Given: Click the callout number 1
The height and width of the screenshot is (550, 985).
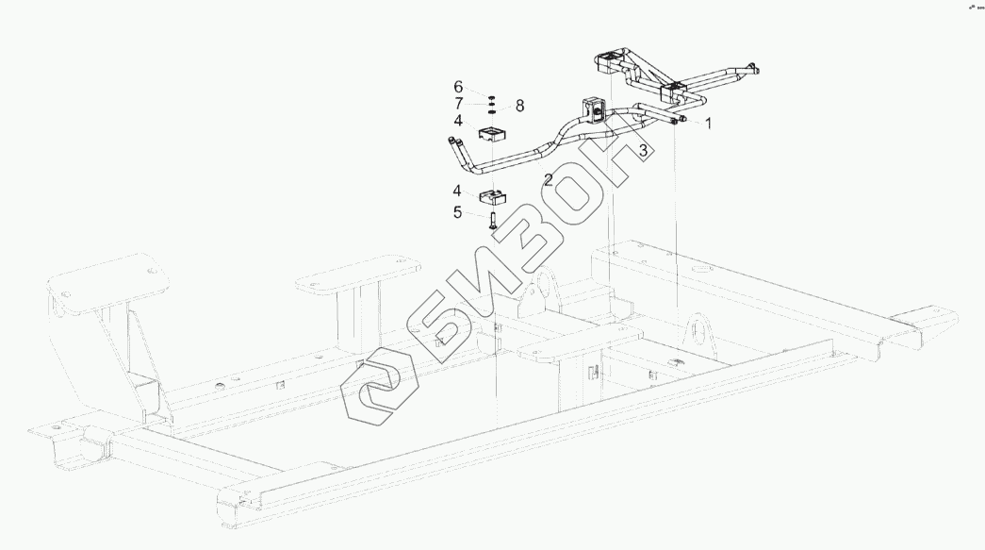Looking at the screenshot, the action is tap(708, 123).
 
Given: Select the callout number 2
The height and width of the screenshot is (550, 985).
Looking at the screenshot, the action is tap(548, 178).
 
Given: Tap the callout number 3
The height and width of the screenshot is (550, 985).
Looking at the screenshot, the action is tap(643, 149).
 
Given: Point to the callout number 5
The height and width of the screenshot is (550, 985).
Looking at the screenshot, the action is tap(457, 213).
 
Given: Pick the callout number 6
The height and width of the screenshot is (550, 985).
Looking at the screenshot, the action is tap(458, 87).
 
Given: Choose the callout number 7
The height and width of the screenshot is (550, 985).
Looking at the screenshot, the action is tap(458, 103).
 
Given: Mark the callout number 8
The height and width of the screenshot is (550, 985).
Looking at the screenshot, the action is tap(519, 105).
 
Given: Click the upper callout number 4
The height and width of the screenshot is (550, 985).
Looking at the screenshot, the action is tap(458, 121).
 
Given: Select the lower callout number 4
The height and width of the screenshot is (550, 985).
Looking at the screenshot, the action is tap(458, 192).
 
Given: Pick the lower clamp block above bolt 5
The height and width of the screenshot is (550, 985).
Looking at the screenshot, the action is tap(493, 199).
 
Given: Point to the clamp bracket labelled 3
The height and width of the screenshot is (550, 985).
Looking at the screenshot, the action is tap(596, 109).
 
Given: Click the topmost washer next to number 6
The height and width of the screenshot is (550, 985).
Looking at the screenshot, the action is tap(493, 96).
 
